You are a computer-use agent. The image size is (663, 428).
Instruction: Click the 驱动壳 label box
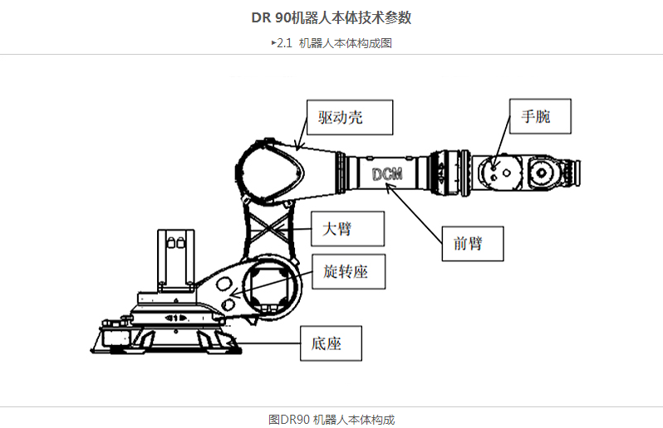[349, 118]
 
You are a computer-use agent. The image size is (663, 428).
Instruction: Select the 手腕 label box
[541, 117]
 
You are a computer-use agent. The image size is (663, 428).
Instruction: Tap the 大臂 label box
[349, 229]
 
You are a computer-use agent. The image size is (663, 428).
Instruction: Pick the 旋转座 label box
[349, 271]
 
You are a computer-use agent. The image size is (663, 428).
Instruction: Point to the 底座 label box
[332, 342]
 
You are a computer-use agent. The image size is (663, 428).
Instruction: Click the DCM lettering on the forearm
[387, 174]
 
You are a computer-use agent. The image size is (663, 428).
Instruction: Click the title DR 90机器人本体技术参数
[331, 17]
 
